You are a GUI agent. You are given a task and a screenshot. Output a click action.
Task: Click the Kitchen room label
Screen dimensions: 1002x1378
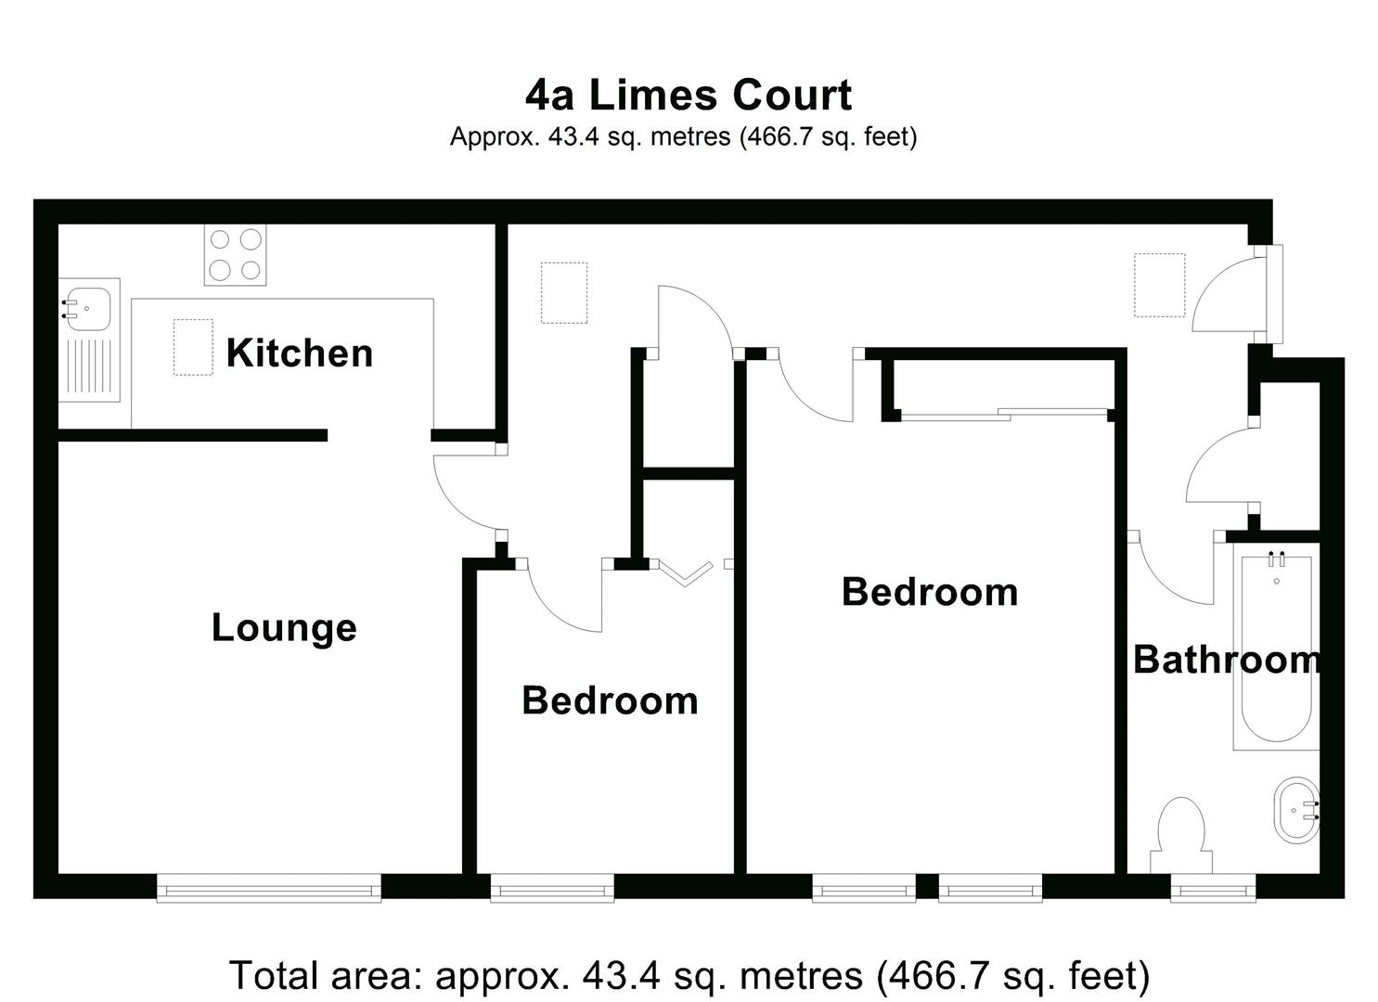pyautogui.click(x=299, y=353)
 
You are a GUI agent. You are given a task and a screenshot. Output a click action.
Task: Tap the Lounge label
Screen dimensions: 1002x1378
pyautogui.click(x=284, y=628)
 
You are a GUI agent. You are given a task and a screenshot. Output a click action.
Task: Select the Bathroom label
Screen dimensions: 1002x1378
pyautogui.click(x=1226, y=660)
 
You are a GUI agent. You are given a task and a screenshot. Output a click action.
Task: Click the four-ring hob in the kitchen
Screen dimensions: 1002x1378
pyautogui.click(x=235, y=255)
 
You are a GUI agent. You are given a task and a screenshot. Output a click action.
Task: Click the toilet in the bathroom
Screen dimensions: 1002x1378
pyautogui.click(x=1180, y=835)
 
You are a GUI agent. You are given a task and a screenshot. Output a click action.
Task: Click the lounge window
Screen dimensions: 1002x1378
pyautogui.click(x=269, y=889)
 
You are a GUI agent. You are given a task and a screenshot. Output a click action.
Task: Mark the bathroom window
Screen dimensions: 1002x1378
pyautogui.click(x=1212, y=889)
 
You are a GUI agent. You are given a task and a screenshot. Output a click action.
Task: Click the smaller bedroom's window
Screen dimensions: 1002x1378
pyautogui.click(x=552, y=889)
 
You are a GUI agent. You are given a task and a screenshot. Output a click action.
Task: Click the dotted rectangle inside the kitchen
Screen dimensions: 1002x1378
pyautogui.click(x=192, y=347)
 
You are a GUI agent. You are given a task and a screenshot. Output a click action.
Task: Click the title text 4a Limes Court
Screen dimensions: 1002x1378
pyautogui.click(x=689, y=95)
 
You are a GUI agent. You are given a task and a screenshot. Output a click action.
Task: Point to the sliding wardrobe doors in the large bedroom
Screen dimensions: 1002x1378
pyautogui.click(x=1007, y=415)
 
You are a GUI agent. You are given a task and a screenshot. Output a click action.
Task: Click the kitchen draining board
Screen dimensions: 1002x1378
pyautogui.click(x=89, y=368)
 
